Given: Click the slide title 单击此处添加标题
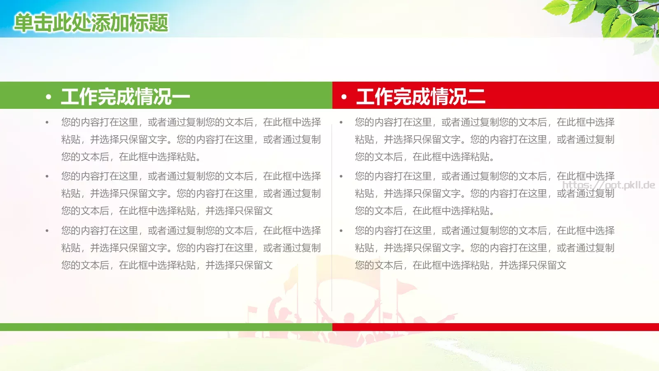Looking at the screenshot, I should [91, 23].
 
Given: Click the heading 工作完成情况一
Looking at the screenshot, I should [125, 97].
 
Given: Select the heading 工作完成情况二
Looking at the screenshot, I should [421, 97].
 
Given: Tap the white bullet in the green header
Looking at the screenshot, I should [49, 97].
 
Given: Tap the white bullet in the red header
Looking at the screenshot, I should [344, 97].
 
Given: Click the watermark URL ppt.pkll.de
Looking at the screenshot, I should [609, 185].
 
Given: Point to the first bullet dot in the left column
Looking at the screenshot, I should [47, 122].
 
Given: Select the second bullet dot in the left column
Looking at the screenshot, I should [47, 176].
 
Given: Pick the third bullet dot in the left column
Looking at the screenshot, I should [47, 231].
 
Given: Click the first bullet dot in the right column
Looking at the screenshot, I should [341, 122].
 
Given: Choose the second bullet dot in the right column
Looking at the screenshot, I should [341, 176].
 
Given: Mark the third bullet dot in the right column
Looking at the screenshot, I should [341, 231].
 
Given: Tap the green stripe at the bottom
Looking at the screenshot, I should [165, 327].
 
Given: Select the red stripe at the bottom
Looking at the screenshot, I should [494, 327].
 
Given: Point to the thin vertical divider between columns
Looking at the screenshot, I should [332, 214].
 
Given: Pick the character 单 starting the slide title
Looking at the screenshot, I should [23, 23].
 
